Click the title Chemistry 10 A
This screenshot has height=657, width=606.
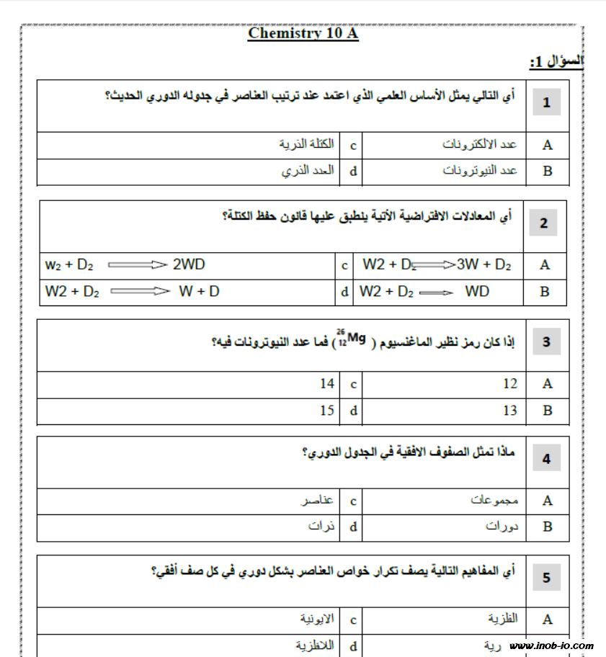(303, 34)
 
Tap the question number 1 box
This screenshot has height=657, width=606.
(546, 103)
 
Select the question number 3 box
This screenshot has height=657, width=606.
(546, 342)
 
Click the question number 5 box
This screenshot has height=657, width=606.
(546, 577)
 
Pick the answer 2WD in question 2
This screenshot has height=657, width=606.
(189, 264)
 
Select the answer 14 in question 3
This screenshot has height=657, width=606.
(327, 384)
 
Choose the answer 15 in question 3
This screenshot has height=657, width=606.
(327, 411)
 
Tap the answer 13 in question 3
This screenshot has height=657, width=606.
(509, 411)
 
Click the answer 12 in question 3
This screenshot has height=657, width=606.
(509, 384)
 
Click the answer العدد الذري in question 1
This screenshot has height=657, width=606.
(308, 171)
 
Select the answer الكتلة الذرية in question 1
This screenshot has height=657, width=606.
(306, 144)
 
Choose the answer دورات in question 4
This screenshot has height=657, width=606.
(502, 527)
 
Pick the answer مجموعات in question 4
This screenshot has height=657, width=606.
(494, 500)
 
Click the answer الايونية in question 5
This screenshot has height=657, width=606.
(317, 619)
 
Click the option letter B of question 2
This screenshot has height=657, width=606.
(545, 292)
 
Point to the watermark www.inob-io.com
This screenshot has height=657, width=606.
(551, 645)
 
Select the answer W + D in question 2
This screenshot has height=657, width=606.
(199, 292)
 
